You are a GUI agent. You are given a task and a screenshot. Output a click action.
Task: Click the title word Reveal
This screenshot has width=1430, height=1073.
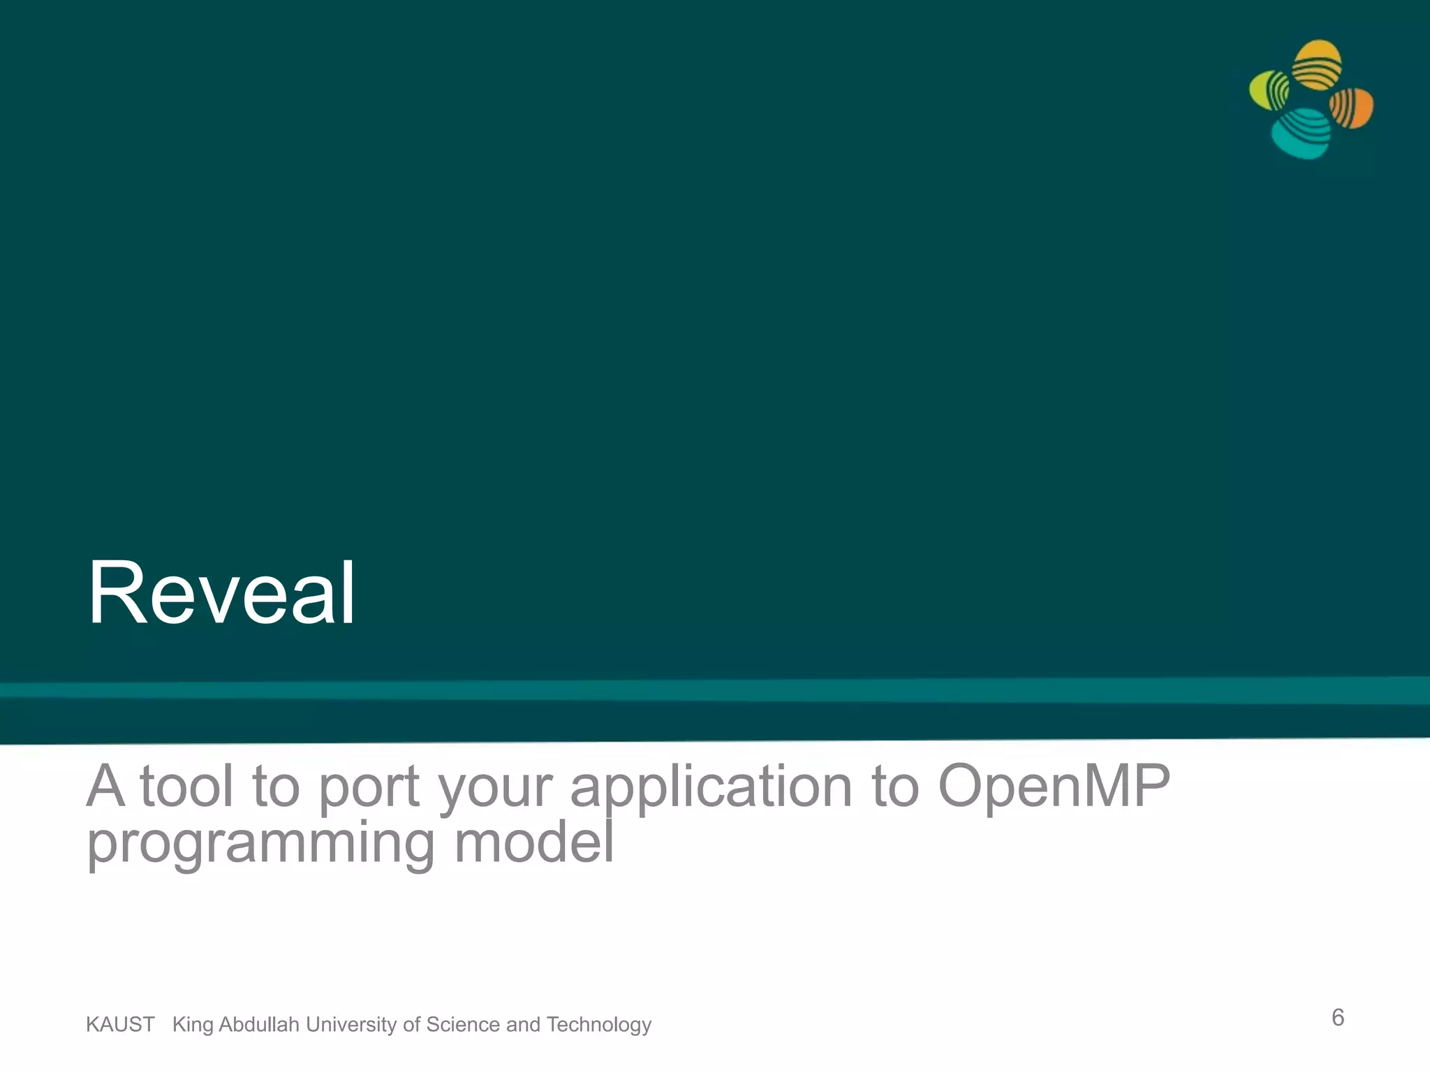pos(221,593)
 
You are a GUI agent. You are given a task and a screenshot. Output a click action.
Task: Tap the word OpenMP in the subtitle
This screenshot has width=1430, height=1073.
pos(1053,787)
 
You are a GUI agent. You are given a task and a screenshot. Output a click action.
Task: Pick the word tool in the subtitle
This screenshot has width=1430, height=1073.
pos(186,787)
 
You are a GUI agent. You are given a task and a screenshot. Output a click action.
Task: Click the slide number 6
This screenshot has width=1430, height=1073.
pos(1337,1017)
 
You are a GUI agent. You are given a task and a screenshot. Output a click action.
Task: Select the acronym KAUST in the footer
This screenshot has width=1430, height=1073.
pos(120,1024)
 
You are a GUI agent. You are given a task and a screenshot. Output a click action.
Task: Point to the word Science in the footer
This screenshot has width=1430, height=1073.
pos(463,1024)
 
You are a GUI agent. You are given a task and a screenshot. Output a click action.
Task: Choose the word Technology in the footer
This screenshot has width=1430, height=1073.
pos(598,1024)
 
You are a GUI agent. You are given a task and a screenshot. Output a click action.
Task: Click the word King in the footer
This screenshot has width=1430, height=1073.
pos(192,1024)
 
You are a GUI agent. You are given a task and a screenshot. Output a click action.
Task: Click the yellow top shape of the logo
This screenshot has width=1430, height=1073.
pos(1317,64)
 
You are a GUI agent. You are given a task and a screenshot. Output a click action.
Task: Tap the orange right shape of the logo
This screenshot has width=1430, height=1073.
pos(1352,108)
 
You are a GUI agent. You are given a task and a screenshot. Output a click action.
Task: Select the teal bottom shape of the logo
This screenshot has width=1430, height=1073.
pos(1300,133)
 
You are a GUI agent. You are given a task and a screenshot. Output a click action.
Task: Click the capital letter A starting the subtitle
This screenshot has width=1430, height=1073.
pos(105,787)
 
